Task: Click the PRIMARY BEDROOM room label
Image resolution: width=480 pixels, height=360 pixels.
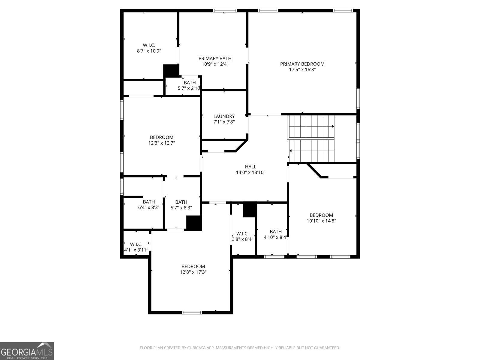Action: coord(302,64)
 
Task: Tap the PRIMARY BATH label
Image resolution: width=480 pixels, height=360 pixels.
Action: coord(215,58)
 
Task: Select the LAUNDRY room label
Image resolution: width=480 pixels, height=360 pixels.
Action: coord(224,116)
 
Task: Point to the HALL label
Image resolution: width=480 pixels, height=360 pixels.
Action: coord(250,167)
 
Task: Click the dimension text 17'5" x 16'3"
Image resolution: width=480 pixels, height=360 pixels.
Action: coord(302,70)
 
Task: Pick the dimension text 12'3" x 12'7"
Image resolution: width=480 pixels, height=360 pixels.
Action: coord(162,143)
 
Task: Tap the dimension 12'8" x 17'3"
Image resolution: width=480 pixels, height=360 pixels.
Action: coord(193,272)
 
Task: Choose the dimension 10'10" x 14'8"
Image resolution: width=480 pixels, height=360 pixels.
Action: coord(321,221)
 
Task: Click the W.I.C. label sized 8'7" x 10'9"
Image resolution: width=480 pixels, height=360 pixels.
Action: coord(149,45)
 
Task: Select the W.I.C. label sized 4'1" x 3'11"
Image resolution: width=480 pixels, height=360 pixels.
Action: coord(136,244)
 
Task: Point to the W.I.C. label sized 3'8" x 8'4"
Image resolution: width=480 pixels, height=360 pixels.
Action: coord(242,234)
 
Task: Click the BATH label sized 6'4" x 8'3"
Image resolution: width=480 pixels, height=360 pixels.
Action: coord(149,202)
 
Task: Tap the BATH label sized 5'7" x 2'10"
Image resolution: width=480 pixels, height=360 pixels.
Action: coord(190,83)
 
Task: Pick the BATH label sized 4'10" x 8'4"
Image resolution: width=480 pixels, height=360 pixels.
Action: coord(275,232)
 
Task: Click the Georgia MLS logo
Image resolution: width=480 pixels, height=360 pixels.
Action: coord(27,351)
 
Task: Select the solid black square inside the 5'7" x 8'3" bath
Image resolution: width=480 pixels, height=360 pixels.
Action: coord(194,223)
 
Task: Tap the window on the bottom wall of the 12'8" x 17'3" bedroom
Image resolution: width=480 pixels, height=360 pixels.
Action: coord(192,313)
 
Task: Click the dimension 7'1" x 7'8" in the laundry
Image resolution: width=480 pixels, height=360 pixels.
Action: coord(224,122)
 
